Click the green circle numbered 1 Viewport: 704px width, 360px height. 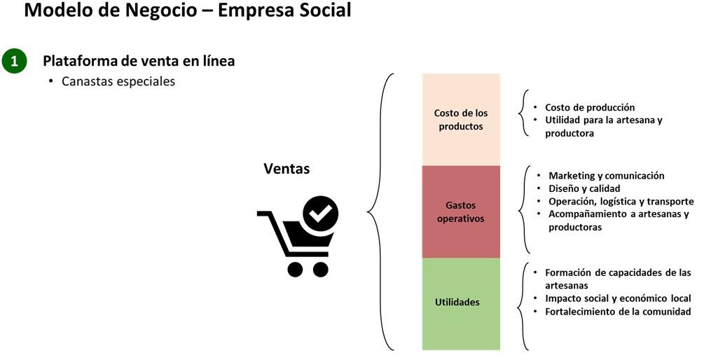(14, 62)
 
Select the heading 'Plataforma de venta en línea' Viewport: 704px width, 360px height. (139, 62)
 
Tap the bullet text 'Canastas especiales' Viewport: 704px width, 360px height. (118, 81)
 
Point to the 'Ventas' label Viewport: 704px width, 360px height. (287, 169)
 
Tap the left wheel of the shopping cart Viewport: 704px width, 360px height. (295, 268)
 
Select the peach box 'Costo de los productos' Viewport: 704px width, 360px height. (461, 119)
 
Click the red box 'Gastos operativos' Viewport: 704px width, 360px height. (461, 212)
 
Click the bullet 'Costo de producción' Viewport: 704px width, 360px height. (589, 107)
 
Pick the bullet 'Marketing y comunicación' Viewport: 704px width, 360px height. (606, 176)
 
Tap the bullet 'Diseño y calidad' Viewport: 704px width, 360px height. (584, 188)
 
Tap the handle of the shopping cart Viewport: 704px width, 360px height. (264, 215)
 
